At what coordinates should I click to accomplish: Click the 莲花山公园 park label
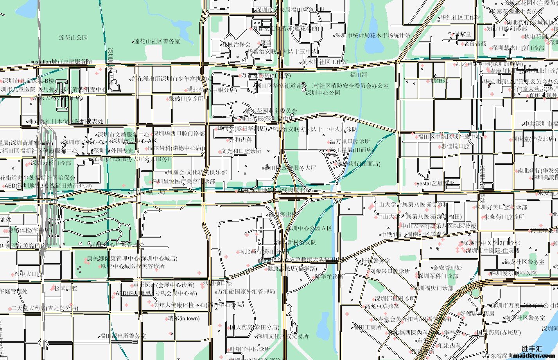point(73,38)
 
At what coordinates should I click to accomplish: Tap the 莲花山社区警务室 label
point(157,41)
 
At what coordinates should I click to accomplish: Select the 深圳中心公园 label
point(323,93)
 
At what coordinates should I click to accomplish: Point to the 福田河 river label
point(358,75)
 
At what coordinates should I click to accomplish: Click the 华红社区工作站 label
point(461,18)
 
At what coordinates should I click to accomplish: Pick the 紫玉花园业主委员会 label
point(271,111)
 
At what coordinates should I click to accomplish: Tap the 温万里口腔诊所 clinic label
point(350,141)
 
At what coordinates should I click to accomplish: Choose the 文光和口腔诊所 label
point(241,151)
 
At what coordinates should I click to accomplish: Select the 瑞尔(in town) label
point(183,319)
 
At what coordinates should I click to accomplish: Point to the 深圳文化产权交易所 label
point(282,336)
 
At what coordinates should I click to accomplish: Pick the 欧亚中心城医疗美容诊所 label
point(133,266)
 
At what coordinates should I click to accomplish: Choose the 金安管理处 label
point(447,268)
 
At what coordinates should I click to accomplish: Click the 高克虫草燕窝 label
point(382,306)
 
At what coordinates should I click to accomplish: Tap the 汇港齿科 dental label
point(449,346)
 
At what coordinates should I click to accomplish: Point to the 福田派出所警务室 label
point(123,336)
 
